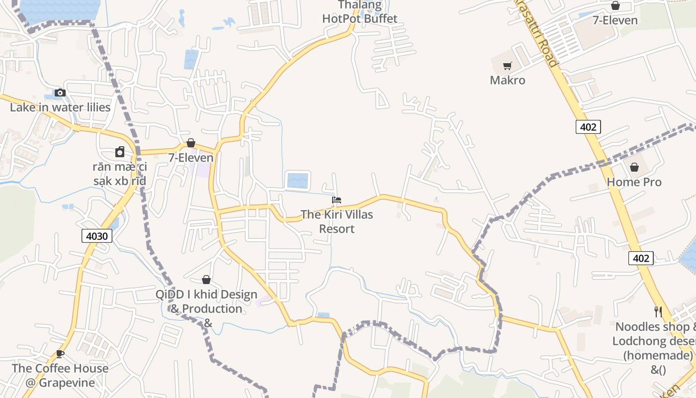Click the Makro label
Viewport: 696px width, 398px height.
507,80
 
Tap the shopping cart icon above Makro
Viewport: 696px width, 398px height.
508,66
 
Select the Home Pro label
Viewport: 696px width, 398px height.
634,182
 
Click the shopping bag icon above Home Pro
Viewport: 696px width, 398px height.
634,167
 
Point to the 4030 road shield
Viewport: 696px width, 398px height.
97,236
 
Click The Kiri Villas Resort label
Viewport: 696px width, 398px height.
337,222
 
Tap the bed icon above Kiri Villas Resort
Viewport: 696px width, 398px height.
337,200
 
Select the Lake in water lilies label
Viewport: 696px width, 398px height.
60,107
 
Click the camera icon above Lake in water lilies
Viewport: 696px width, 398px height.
60,93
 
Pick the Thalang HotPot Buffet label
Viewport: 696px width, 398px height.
360,12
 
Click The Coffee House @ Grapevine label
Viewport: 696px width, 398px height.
60,376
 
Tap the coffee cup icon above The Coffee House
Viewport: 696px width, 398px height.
60,354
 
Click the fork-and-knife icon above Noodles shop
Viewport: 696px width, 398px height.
658,312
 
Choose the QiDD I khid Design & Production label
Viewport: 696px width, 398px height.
206,308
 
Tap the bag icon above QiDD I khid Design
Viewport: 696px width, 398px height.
206,280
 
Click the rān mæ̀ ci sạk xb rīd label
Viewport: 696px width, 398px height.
120,174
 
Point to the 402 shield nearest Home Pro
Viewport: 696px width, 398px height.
589,127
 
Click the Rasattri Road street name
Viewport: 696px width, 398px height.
537,32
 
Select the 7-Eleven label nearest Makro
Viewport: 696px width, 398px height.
615,20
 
